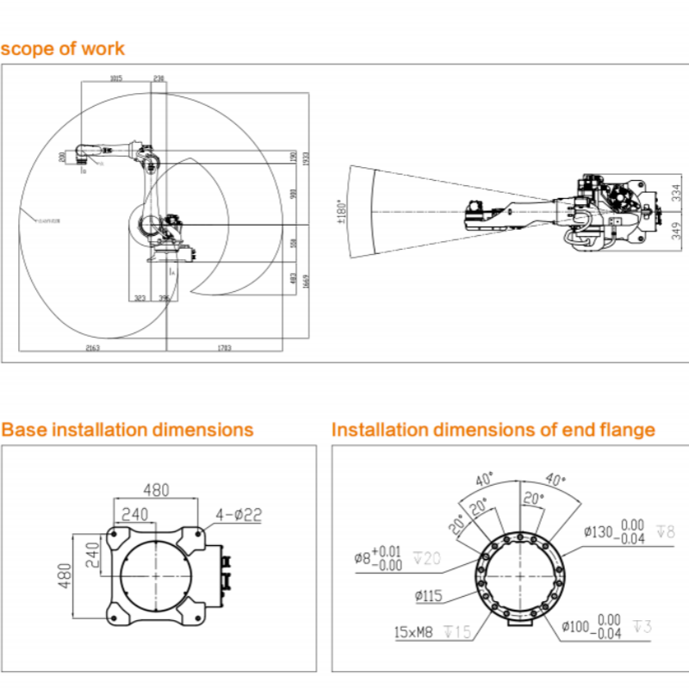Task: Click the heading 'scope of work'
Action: click(x=63, y=48)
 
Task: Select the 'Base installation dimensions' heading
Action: click(x=127, y=429)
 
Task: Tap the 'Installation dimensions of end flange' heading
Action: click(x=493, y=429)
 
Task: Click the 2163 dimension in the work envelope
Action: click(x=92, y=348)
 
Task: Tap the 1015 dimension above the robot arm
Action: click(x=115, y=78)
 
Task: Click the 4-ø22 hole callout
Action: click(x=239, y=515)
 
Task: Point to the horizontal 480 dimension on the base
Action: click(x=156, y=490)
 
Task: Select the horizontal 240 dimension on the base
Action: click(x=134, y=514)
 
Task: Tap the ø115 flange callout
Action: click(x=428, y=595)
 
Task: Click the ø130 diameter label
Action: click(x=596, y=532)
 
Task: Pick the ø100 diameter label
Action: click(x=576, y=625)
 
